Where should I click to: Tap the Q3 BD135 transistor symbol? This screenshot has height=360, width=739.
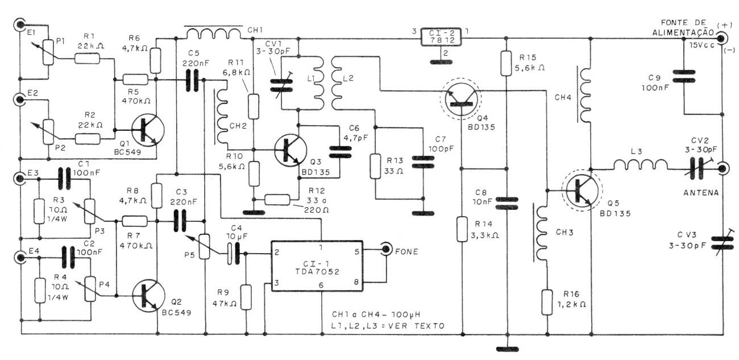(x=290, y=150)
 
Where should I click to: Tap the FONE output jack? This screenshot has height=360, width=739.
(x=387, y=248)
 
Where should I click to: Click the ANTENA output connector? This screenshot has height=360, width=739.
(x=722, y=168)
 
